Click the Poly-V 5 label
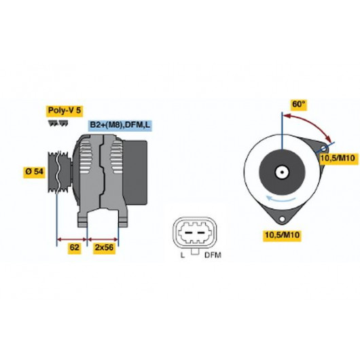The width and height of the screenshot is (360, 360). [65, 111]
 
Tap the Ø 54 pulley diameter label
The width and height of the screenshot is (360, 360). [34, 171]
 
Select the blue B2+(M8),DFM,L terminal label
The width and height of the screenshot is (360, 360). [120, 125]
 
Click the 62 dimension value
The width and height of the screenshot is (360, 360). [75, 247]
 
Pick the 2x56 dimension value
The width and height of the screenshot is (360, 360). [104, 247]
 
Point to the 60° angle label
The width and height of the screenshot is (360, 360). [299, 105]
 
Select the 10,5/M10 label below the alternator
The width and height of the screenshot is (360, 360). [282, 235]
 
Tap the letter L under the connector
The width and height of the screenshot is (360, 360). [182, 255]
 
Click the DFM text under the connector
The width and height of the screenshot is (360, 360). [213, 255]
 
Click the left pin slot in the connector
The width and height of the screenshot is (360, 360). [189, 233]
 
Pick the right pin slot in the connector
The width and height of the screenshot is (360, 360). [201, 233]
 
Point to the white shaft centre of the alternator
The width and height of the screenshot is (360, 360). [282, 173]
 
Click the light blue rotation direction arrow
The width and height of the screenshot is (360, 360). [281, 199]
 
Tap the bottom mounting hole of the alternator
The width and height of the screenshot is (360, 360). [282, 219]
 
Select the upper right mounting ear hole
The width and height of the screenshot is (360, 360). [323, 148]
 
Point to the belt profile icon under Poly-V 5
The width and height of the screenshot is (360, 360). [58, 123]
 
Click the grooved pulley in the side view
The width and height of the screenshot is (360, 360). [59, 173]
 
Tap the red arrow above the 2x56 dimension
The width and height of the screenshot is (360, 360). [103, 240]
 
